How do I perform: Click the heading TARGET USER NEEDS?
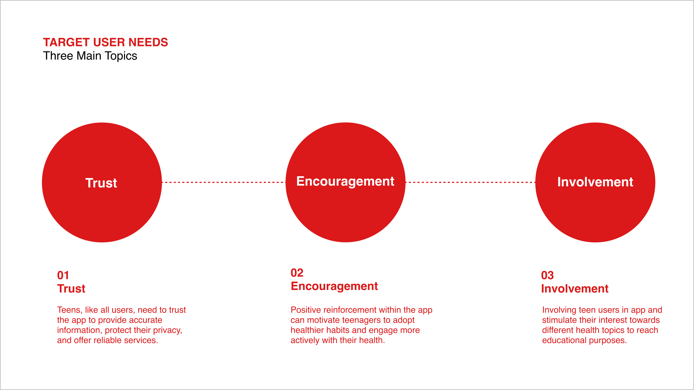[105, 42]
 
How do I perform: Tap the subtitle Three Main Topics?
[90, 56]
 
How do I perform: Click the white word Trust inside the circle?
[101, 183]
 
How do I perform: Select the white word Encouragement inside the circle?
[345, 182]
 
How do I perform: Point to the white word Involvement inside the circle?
[595, 182]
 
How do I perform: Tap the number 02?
[297, 273]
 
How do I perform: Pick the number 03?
[547, 275]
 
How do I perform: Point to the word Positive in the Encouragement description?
[306, 310]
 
